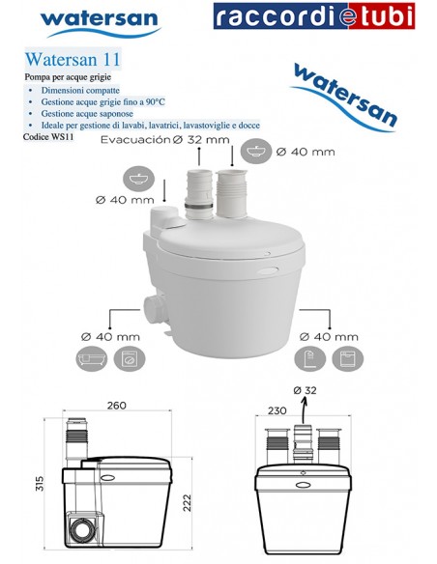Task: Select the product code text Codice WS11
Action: click(x=50, y=137)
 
